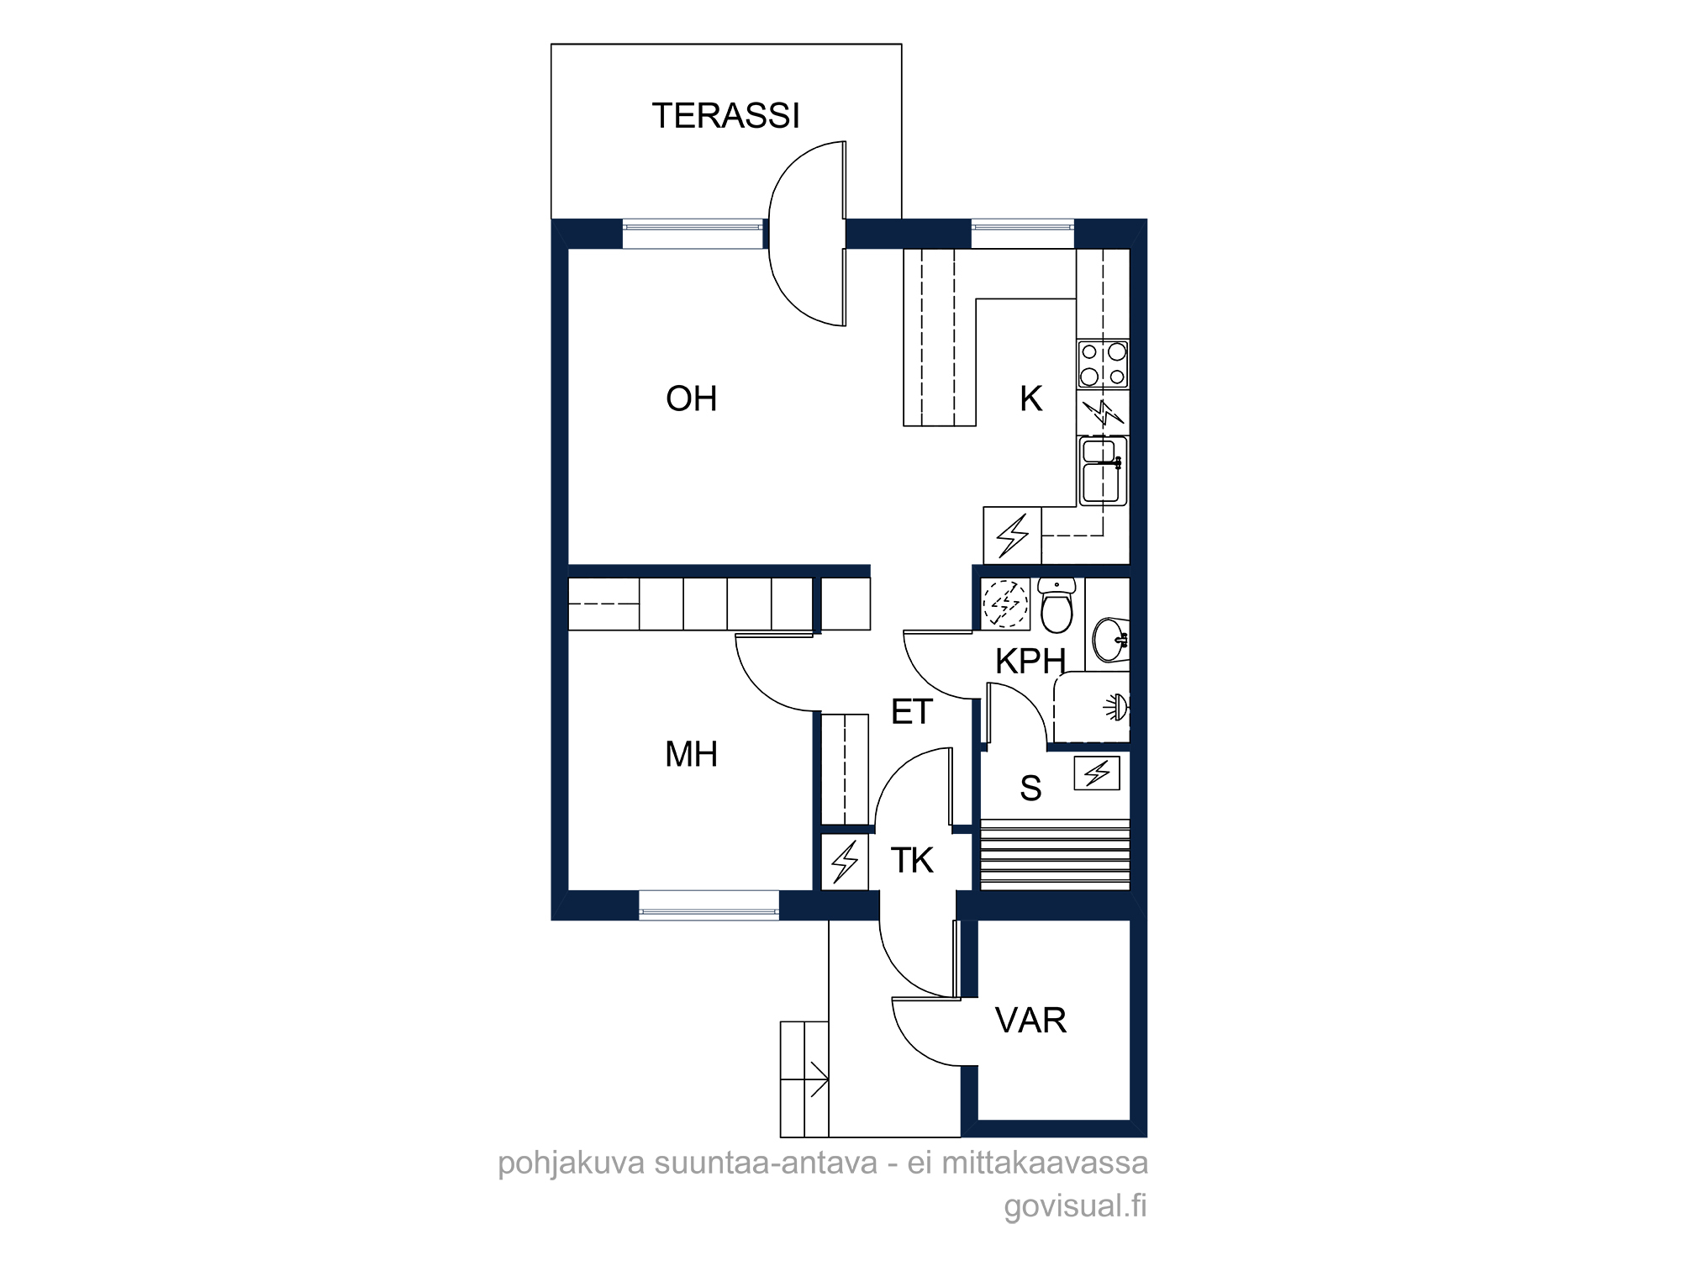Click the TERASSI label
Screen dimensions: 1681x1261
(x=725, y=116)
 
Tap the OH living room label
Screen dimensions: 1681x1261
(x=691, y=398)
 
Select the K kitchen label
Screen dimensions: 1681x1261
(x=1030, y=398)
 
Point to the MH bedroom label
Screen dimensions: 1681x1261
(x=691, y=754)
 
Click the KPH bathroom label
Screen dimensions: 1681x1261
(x=1030, y=662)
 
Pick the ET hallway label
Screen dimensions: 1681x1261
(x=911, y=712)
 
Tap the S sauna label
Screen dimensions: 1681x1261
(x=1030, y=789)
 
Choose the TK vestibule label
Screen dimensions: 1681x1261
(x=911, y=860)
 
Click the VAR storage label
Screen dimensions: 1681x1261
(x=1030, y=1021)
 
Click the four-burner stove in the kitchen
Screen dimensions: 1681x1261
(x=1103, y=364)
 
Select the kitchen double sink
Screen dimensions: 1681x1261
(x=1103, y=471)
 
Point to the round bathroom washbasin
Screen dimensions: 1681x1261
(x=1110, y=640)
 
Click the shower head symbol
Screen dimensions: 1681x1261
(x=1116, y=708)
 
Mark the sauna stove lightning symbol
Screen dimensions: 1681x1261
(x=1097, y=773)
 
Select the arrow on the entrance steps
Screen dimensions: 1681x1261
(x=817, y=1079)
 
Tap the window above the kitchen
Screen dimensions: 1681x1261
(x=1023, y=234)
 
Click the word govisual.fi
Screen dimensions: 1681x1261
(x=1075, y=1206)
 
